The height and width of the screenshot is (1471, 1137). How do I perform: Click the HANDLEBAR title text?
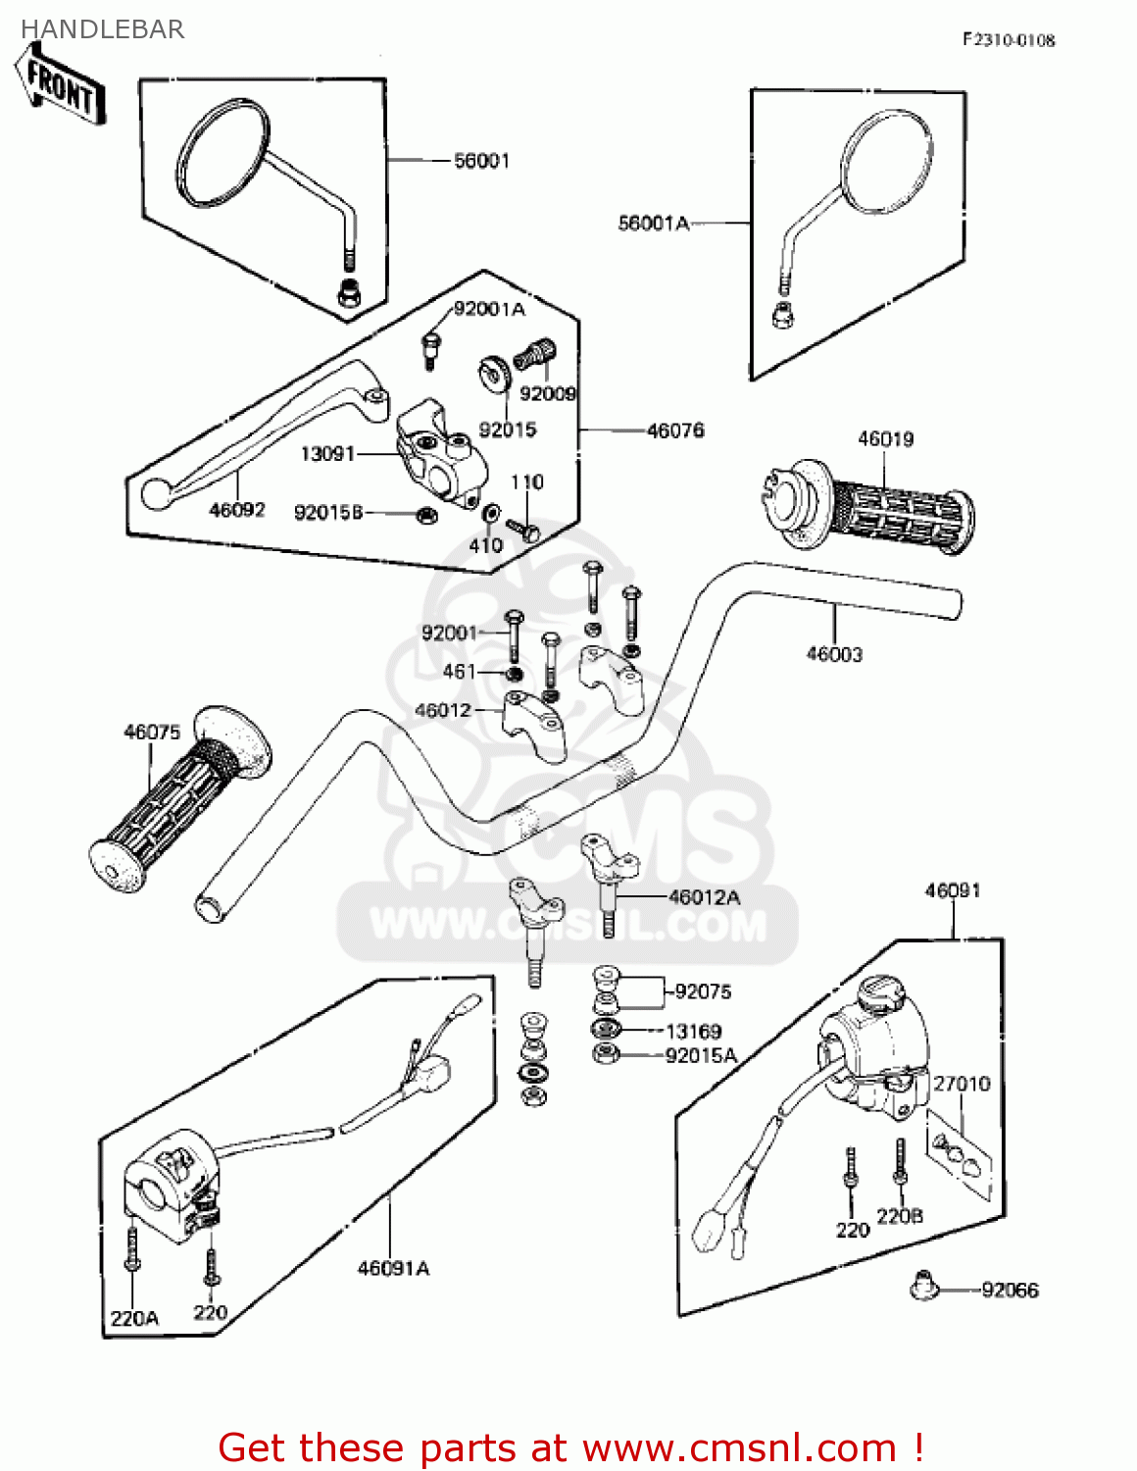[x=102, y=29]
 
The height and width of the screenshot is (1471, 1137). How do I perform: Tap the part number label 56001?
[x=481, y=161]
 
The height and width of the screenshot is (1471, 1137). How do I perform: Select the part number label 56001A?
[x=653, y=224]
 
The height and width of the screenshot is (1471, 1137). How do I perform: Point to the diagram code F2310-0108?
[x=1008, y=40]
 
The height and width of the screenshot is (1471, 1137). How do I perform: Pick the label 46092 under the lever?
[x=236, y=510]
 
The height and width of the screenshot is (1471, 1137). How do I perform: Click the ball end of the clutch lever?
[x=156, y=493]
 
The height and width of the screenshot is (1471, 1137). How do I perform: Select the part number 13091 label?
[x=326, y=454]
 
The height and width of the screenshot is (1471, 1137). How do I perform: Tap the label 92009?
[x=547, y=394]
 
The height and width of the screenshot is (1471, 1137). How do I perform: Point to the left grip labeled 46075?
[x=176, y=799]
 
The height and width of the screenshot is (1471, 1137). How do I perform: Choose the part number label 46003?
[x=834, y=654]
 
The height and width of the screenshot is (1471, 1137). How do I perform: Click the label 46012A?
[x=704, y=897]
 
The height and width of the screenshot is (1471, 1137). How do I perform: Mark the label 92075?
[x=703, y=991]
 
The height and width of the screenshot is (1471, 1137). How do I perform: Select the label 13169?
[x=693, y=1032]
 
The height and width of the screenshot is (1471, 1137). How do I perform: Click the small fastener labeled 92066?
[x=921, y=1285]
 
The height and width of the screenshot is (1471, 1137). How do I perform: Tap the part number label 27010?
[x=961, y=1084]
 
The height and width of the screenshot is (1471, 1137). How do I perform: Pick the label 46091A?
[x=393, y=1268]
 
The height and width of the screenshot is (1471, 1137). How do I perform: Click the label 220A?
[x=134, y=1319]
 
